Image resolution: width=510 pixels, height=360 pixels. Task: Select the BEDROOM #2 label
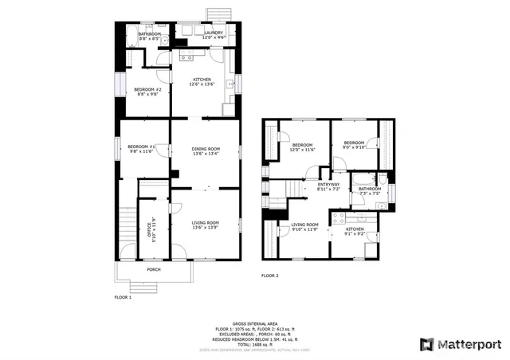(147, 89)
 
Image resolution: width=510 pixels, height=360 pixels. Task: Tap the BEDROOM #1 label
(142, 147)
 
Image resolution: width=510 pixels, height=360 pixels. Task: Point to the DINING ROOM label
(206, 149)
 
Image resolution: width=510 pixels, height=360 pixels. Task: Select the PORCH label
(154, 269)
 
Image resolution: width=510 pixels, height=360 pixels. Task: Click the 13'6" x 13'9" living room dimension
(206, 228)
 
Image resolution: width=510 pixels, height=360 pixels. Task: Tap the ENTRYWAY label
(328, 185)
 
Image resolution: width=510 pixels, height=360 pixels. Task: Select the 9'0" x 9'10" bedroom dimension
(353, 147)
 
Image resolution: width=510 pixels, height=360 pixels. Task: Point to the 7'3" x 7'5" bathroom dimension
(370, 194)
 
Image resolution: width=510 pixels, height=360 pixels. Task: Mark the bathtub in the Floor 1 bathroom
(132, 36)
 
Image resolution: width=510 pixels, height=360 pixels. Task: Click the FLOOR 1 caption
(123, 296)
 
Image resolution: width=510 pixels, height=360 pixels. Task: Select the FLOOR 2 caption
(270, 276)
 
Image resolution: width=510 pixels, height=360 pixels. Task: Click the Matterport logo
(461, 344)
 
